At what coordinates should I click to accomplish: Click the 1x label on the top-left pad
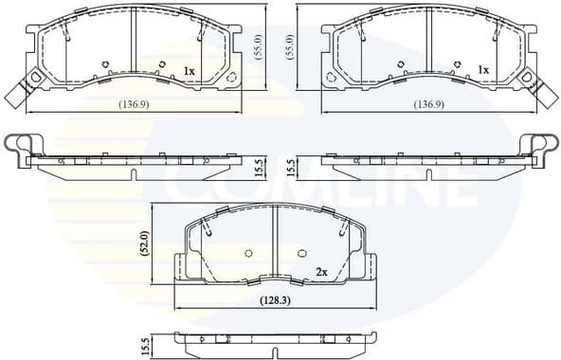189,71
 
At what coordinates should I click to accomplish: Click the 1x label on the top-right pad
483,70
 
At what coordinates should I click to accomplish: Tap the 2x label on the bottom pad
321,272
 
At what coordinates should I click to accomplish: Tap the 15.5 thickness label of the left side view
260,168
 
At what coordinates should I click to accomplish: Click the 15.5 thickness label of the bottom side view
145,346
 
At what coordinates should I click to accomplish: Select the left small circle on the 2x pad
248,253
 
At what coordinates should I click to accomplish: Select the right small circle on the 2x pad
301,253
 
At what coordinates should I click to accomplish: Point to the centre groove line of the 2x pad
274,242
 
